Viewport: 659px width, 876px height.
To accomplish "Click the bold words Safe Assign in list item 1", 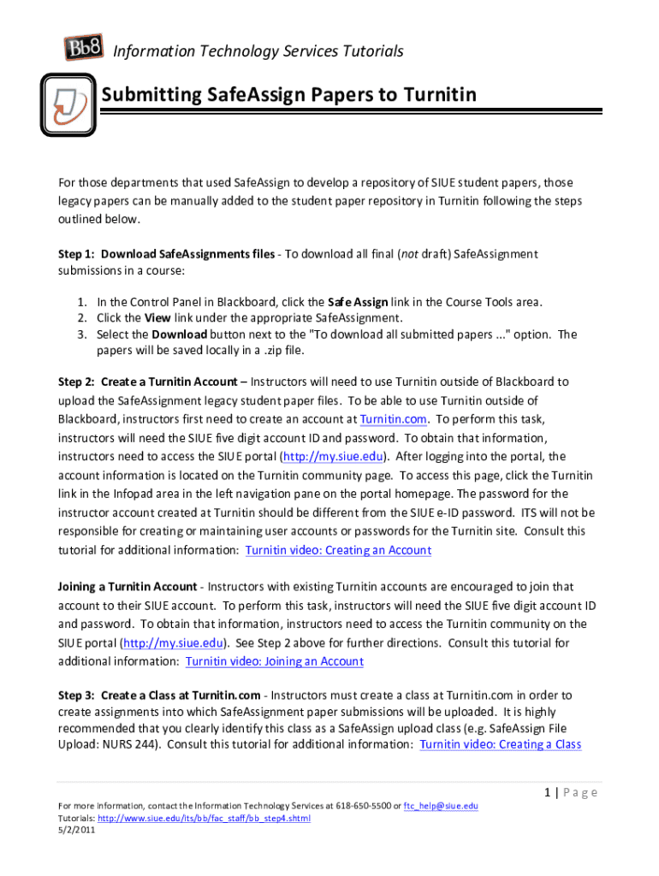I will tap(358, 302).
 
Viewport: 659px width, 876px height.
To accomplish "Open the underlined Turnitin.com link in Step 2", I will tap(393, 419).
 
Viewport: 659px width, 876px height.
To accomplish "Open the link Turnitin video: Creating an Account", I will tap(338, 550).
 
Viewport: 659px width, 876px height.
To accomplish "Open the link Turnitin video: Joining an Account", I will tap(274, 661).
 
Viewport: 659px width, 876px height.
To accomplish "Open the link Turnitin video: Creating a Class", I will tap(501, 744).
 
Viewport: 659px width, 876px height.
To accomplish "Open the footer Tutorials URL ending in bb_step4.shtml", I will tap(205, 819).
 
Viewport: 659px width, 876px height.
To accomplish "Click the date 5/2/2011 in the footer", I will tap(76, 830).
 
